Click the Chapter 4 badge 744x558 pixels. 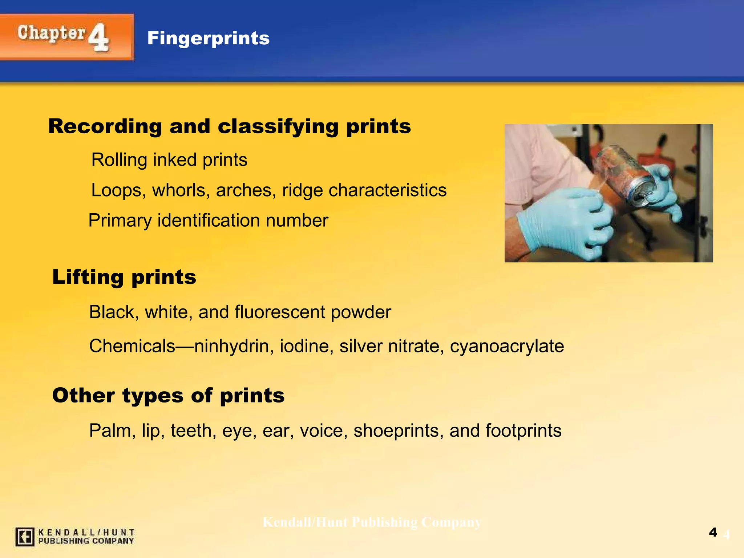[66, 37]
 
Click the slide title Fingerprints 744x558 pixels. [208, 38]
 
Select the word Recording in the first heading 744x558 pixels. [105, 126]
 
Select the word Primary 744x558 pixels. [120, 221]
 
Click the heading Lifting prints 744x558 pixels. [124, 277]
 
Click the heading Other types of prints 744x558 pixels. [168, 395]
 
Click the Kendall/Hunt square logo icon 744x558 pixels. [25, 537]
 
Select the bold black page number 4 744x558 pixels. [713, 532]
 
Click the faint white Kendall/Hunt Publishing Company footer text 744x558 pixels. [372, 522]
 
